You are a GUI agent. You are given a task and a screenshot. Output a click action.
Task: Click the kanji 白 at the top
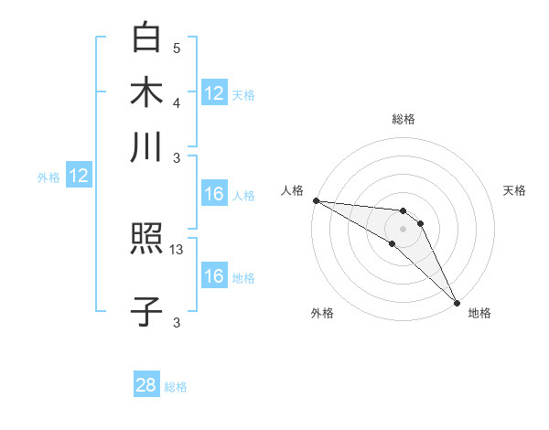click(x=146, y=38)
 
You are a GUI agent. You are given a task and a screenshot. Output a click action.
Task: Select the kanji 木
click(x=146, y=92)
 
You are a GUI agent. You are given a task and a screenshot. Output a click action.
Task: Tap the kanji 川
click(x=146, y=146)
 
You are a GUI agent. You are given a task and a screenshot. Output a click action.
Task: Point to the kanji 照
click(x=146, y=241)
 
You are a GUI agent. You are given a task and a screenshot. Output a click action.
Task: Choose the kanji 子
click(x=146, y=312)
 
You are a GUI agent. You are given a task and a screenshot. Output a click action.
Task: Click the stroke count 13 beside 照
click(x=177, y=249)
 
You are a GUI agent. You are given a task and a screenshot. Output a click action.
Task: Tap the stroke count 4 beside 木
click(x=177, y=102)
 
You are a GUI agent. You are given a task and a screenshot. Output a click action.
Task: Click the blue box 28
click(x=146, y=385)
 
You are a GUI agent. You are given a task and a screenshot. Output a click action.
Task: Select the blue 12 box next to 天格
click(x=213, y=93)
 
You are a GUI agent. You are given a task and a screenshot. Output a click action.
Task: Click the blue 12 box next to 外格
click(x=79, y=177)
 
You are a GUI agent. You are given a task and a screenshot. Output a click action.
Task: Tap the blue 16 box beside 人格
click(x=213, y=195)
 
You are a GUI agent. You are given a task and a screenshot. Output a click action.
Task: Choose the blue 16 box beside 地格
click(x=213, y=277)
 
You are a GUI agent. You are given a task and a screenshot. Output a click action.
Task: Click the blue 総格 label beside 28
click(x=176, y=387)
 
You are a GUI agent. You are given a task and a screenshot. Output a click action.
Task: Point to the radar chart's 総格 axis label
click(x=403, y=119)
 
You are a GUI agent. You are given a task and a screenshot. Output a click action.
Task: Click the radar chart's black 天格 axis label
click(x=514, y=190)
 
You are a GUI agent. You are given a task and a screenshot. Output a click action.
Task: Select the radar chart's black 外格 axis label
click(x=322, y=313)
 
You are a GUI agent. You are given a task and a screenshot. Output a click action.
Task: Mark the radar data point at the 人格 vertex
click(x=316, y=200)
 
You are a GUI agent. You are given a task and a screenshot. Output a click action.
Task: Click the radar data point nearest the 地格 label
click(x=457, y=302)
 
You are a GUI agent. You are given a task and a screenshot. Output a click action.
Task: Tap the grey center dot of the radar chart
click(x=403, y=228)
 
